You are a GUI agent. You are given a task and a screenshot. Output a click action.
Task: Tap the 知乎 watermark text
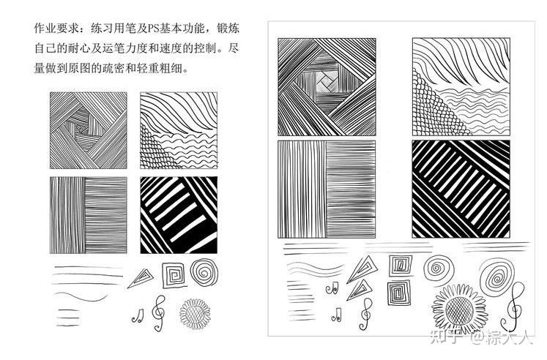pyautogui.click(x=447, y=337)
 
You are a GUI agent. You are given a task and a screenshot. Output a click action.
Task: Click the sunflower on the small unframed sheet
pyautogui.click(x=195, y=312)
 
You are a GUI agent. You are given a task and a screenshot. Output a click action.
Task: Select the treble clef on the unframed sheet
pyautogui.click(x=157, y=311)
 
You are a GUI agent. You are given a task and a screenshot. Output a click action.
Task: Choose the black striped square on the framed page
pyautogui.click(x=460, y=188)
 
